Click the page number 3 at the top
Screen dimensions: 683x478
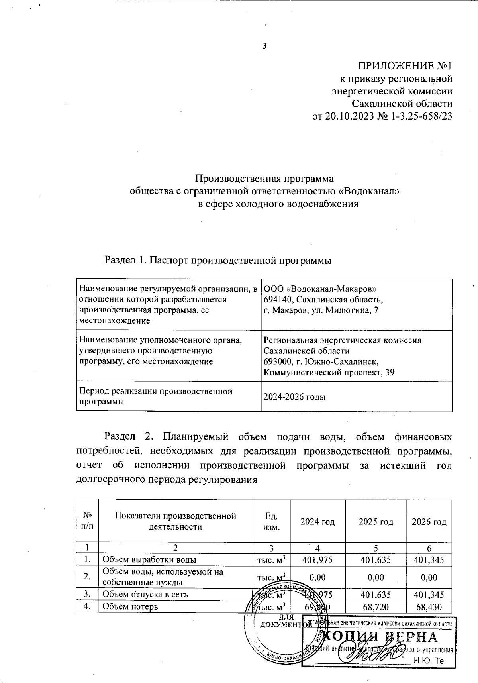pyautogui.click(x=264, y=46)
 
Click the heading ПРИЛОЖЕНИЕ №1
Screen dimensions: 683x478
pyautogui.click(x=405, y=66)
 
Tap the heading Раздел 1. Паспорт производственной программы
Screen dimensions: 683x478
pyautogui.click(x=218, y=260)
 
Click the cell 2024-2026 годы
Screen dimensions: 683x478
pyautogui.click(x=295, y=397)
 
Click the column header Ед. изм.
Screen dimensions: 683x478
pyautogui.click(x=272, y=522)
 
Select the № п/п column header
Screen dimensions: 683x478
pyautogui.click(x=87, y=522)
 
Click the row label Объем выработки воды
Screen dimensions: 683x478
pyautogui.click(x=149, y=560)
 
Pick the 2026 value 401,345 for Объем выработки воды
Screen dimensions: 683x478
pyautogui.click(x=429, y=560)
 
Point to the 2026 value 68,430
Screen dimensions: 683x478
pyautogui.click(x=429, y=607)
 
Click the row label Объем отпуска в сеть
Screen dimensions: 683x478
pyautogui.click(x=145, y=594)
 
